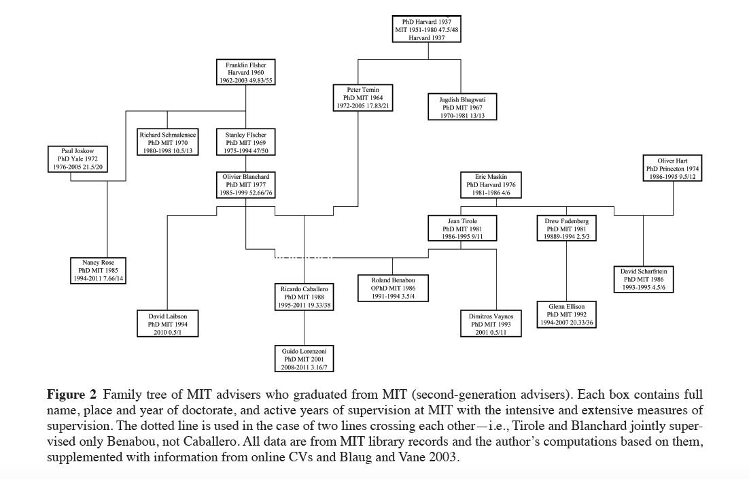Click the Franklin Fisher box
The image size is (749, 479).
246,73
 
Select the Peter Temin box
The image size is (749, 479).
363,97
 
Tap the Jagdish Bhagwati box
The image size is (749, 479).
462,108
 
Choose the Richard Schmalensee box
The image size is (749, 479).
168,143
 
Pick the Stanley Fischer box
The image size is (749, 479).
246,143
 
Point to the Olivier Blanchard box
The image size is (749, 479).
246,185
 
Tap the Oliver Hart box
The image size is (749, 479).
672,168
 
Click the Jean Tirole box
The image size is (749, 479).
462,229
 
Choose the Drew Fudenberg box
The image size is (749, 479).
566,229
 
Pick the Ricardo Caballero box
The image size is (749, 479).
304,297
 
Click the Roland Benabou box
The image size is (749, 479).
394,288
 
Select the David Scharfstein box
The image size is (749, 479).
643,279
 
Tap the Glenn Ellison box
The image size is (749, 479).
566,314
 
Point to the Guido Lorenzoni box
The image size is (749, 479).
304,359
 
